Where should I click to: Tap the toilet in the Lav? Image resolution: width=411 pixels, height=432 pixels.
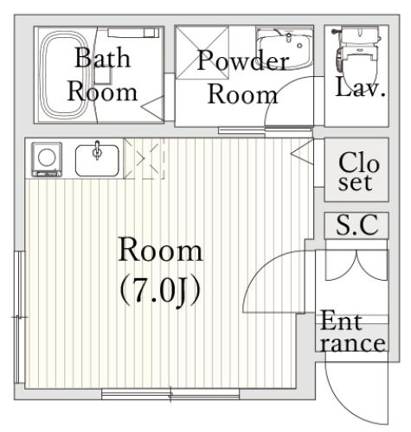coord(357,50)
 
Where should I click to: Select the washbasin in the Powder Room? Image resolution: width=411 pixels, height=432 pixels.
coord(284,48)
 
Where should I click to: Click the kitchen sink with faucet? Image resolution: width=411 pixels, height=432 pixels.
coord(97,160)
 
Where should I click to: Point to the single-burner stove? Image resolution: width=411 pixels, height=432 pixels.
coord(47,159)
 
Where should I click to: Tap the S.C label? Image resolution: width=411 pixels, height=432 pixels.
coord(357,225)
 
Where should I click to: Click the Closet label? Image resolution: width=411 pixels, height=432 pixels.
coord(357,171)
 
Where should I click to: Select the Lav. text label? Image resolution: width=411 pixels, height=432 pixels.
coord(361,86)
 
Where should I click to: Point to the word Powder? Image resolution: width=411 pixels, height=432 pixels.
coord(243,60)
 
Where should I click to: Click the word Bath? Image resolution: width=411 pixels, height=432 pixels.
coord(103,58)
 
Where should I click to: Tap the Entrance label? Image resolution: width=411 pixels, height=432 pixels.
coord(352,331)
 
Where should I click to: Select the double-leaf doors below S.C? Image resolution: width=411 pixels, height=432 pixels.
coord(356,265)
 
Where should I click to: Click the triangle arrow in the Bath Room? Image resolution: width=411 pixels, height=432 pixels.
coord(153,107)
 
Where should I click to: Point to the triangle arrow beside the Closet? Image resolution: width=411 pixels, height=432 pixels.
coord(302,152)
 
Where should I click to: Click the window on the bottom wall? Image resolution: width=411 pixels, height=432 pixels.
coord(170,394)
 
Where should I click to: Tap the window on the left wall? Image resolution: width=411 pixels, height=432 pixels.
coord(20,317)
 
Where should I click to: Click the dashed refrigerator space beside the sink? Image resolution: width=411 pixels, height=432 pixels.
coord(144,159)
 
